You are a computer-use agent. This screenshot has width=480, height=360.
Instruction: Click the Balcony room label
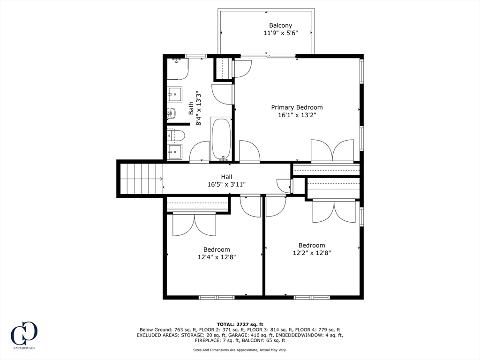pos(280,25)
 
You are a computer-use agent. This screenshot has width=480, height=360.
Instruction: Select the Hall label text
pos(226,177)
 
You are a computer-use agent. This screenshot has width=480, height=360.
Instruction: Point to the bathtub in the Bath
pos(221,139)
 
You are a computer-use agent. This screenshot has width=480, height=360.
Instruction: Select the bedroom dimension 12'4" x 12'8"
pos(216,257)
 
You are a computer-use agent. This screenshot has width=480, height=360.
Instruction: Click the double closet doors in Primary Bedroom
pos(332,150)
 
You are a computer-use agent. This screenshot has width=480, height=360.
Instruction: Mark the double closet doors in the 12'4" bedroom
pos(194,224)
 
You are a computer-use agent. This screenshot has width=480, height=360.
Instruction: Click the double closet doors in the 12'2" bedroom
pos(334,211)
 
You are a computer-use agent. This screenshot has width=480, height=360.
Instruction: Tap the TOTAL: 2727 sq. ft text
pos(240,324)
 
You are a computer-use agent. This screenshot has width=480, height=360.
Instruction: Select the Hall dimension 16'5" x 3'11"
pos(226,184)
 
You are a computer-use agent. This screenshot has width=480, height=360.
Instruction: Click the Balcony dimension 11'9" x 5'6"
pos(280,33)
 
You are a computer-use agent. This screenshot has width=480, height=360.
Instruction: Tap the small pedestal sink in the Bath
pos(171,113)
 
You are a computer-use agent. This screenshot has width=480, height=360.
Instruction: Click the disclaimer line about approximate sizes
pos(240,350)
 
